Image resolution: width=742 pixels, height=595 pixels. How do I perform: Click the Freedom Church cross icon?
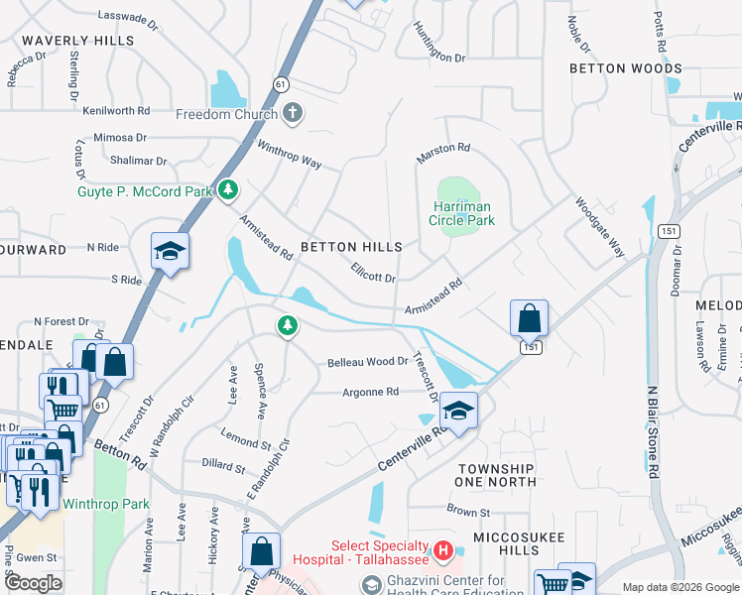tap(292, 114)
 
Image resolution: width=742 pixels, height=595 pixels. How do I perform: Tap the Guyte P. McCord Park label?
tap(144, 190)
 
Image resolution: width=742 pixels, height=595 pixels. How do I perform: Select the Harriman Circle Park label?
tap(461, 213)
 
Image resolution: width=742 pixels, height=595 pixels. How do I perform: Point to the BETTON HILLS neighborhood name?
tap(351, 247)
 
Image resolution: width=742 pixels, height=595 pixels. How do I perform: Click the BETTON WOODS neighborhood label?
tap(625, 68)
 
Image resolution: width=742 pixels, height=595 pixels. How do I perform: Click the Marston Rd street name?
tap(443, 148)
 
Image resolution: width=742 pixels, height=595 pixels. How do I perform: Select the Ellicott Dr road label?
tap(374, 271)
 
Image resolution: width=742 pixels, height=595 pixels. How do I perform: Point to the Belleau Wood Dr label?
tap(368, 363)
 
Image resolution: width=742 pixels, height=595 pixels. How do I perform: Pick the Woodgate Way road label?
tap(600, 225)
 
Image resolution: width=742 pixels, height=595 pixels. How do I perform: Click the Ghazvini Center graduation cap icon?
tap(370, 587)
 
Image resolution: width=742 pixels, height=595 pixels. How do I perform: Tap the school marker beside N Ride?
tap(170, 252)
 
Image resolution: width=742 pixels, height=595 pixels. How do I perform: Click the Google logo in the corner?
tap(34, 582)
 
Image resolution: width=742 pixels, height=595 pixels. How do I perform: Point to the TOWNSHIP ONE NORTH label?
tap(496, 475)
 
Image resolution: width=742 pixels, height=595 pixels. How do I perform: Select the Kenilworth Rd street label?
tap(116, 111)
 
